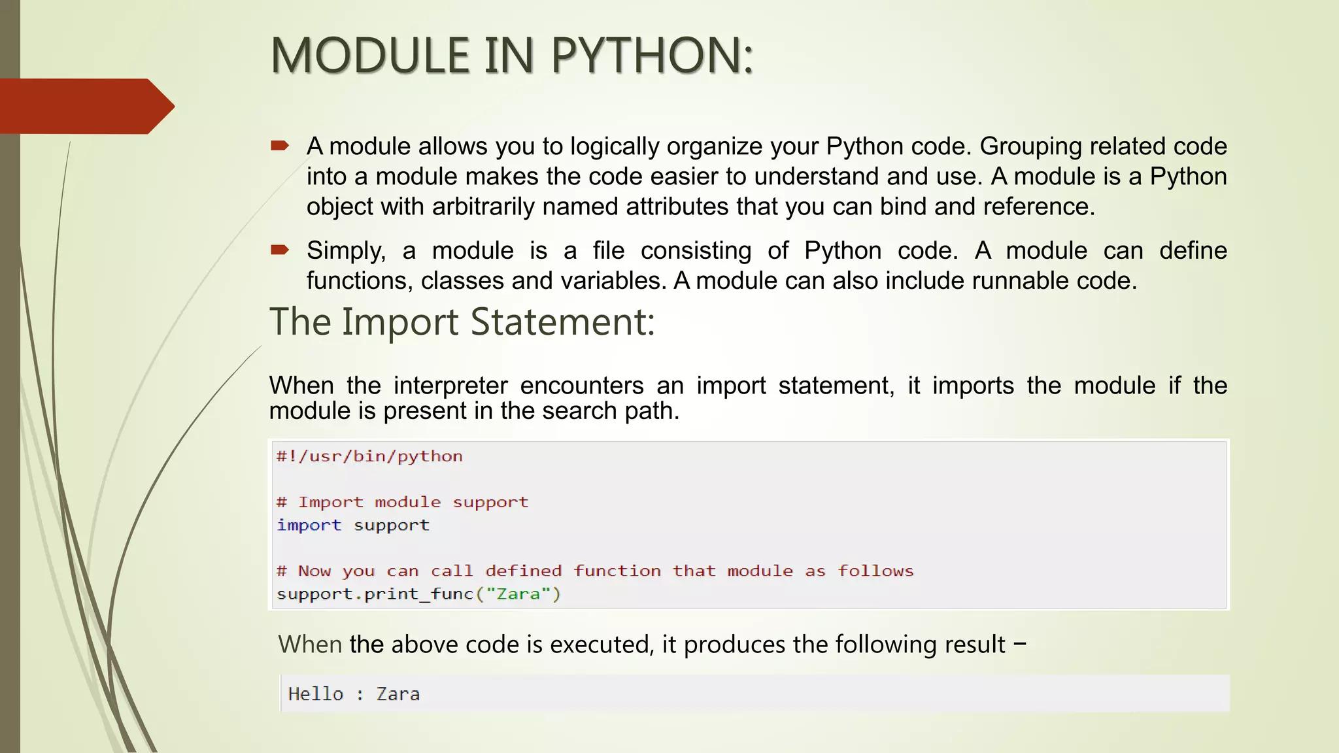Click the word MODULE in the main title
[370, 55]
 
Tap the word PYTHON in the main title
[652, 55]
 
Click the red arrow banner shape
[85, 106]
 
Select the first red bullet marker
[279, 146]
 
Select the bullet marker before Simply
[279, 250]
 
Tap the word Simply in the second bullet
[346, 251]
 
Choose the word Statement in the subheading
[562, 322]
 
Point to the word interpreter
[450, 386]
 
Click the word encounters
[581, 386]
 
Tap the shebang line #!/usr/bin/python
[369, 456]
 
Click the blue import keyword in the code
[309, 526]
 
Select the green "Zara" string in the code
[518, 594]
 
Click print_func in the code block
[418, 594]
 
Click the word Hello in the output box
[315, 694]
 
